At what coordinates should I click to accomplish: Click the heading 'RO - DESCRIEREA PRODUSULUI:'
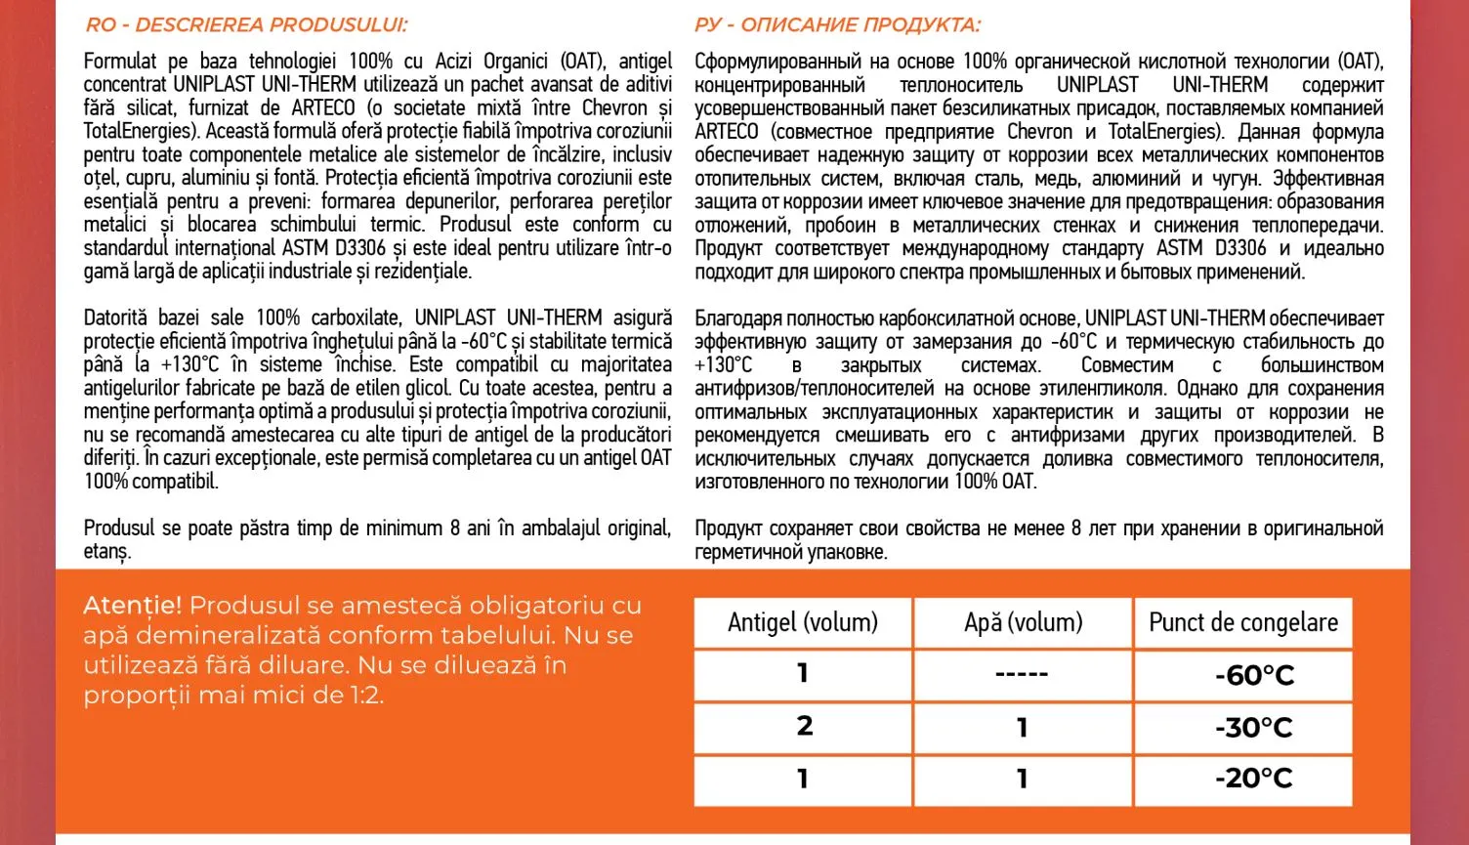[247, 24]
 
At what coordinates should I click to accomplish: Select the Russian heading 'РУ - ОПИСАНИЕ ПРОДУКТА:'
[837, 24]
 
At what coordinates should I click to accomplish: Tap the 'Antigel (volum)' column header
[803, 622]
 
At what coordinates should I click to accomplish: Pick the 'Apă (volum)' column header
[1023, 622]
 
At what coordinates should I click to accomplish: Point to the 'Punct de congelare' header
[1243, 622]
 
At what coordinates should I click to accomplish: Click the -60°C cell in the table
[1254, 675]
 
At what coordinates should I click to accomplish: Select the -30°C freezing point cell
[1254, 728]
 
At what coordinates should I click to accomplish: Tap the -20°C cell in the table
[1254, 779]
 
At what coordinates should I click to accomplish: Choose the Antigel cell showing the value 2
[804, 726]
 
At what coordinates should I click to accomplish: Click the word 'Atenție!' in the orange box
[133, 606]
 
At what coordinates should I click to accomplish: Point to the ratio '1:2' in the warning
[365, 696]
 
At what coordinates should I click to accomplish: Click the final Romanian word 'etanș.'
[106, 552]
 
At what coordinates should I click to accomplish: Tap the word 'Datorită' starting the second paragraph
[117, 317]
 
